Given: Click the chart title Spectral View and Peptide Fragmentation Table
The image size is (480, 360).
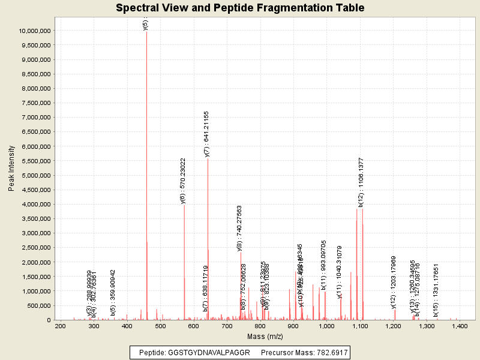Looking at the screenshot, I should (x=240, y=8).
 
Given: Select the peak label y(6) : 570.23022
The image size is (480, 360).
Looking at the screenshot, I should (x=184, y=181).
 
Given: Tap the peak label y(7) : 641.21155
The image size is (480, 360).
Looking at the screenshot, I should (x=207, y=134).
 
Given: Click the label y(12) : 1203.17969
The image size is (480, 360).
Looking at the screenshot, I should (x=394, y=282).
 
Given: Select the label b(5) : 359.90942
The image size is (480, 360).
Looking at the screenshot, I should (x=113, y=292).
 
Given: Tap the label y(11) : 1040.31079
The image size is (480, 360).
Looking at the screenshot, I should (x=340, y=272).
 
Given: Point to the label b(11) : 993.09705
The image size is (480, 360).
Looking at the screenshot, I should (x=324, y=265).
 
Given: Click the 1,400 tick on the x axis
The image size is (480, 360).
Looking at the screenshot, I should (x=460, y=326).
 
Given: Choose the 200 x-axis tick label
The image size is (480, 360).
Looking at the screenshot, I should (x=60, y=326).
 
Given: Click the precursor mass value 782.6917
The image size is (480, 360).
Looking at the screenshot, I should (x=328, y=352).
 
